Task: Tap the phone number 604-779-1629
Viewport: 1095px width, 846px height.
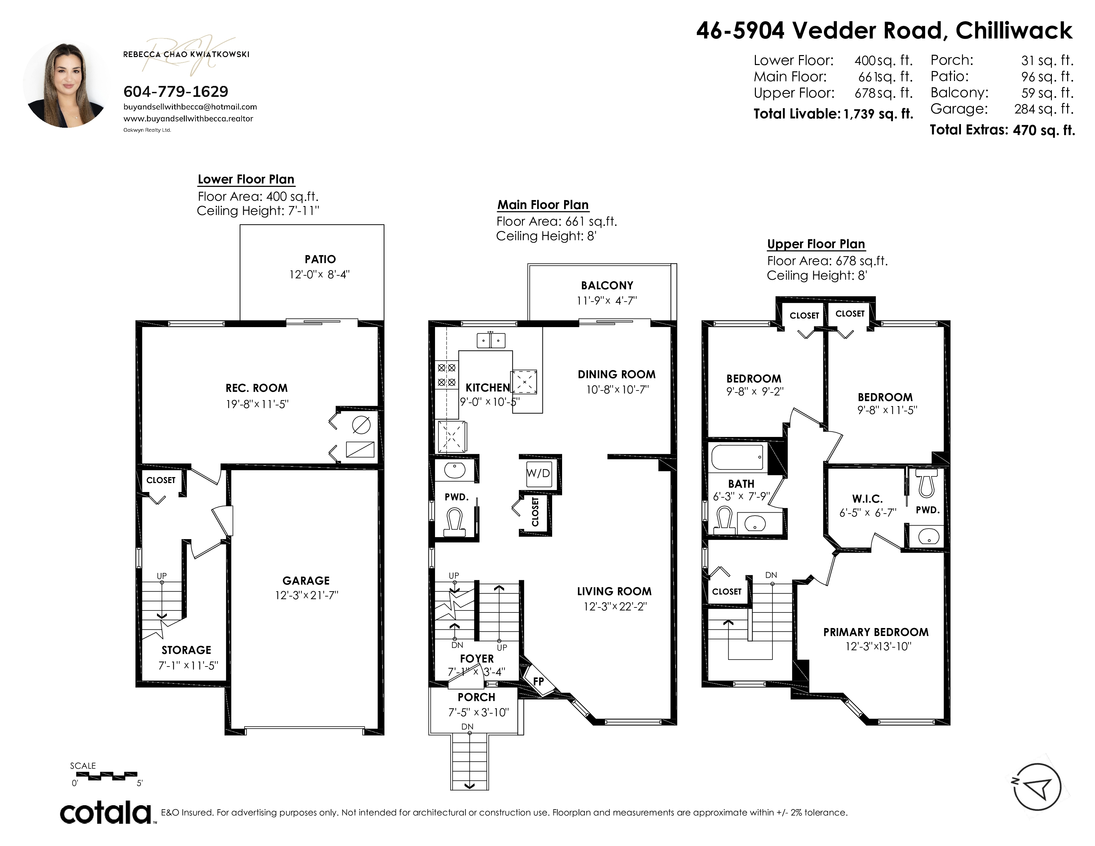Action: coord(176,91)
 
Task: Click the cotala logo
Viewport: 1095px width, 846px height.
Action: coord(106,812)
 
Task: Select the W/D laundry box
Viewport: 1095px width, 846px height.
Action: coord(539,473)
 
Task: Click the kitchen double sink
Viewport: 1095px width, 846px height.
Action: coord(491,340)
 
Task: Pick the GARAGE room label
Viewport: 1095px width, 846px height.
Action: coord(306,580)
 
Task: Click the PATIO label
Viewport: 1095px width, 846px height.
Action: coord(321,259)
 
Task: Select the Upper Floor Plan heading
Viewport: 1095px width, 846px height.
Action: coord(816,244)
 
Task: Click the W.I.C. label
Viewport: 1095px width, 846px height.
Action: coord(867,499)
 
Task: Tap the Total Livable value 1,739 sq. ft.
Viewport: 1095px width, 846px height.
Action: coord(878,114)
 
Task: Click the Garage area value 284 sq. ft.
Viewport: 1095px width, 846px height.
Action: coord(1044,109)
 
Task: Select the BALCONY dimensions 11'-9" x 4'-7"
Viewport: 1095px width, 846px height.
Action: coord(607,300)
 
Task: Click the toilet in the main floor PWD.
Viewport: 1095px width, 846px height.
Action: coord(456,522)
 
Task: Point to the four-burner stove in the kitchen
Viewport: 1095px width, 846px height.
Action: coord(447,375)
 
